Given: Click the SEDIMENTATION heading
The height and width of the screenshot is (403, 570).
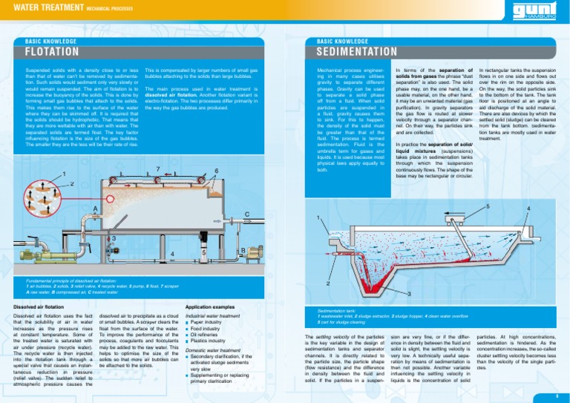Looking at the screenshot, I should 360,53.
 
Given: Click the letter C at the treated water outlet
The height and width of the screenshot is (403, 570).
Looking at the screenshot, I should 246,215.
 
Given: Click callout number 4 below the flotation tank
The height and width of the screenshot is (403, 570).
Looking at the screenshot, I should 171,255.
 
